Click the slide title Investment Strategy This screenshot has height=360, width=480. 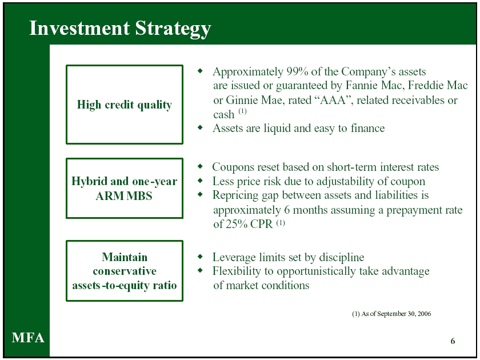(x=120, y=29)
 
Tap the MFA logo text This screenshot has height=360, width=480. (x=28, y=338)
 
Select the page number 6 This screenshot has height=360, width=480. (x=453, y=341)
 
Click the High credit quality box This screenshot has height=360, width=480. (x=125, y=65)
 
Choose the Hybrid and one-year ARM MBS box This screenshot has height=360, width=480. (x=125, y=159)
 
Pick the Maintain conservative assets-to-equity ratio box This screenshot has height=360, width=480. (x=125, y=241)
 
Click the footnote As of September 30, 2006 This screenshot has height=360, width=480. (x=396, y=314)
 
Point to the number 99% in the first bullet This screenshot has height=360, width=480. (x=297, y=71)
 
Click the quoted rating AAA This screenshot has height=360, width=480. (x=333, y=100)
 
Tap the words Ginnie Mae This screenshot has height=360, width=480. (x=254, y=101)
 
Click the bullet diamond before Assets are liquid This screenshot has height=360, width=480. (x=200, y=127)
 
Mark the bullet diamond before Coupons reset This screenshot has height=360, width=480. (x=200, y=166)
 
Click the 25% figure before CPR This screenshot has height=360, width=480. (x=237, y=224)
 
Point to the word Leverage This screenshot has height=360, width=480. (x=234, y=258)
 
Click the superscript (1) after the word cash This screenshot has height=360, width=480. (x=242, y=111)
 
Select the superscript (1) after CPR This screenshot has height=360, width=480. (x=281, y=222)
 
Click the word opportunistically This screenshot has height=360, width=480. (x=316, y=272)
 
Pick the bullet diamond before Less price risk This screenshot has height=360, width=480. (x=200, y=181)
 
